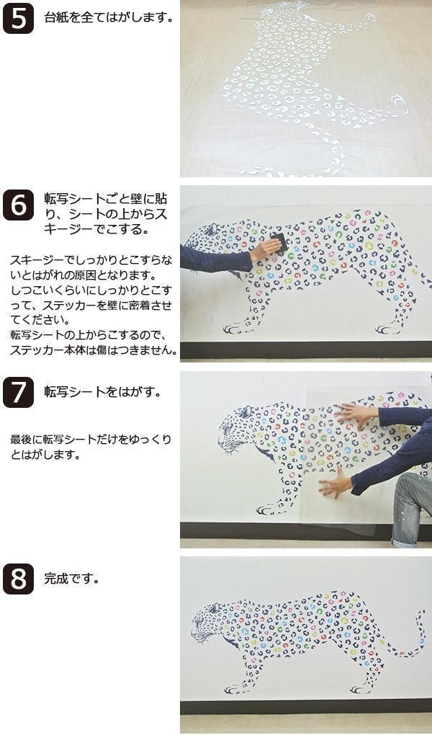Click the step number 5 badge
[18, 18]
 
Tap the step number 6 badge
[18, 205]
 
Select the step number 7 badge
[18, 392]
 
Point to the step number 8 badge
[18, 579]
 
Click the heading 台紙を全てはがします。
[109, 18]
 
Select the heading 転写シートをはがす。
[103, 392]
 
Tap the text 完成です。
[72, 579]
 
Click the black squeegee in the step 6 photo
[279, 244]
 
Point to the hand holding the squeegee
[264, 249]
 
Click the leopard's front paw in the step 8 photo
[233, 690]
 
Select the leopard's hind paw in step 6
[387, 329]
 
